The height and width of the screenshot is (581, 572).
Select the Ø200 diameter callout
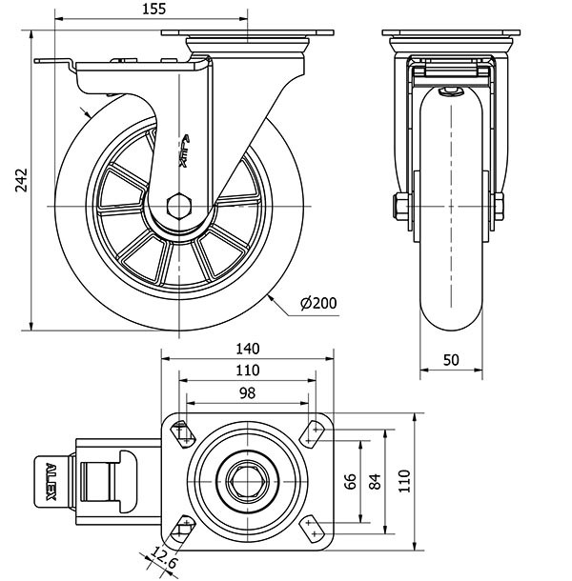pyautogui.click(x=318, y=304)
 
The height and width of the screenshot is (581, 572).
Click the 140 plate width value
pyautogui.click(x=248, y=349)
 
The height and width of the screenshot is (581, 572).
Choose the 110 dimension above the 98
pyautogui.click(x=248, y=370)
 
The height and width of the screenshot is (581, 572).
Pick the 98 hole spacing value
pyautogui.click(x=248, y=391)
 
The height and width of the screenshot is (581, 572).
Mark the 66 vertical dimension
pyautogui.click(x=351, y=482)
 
